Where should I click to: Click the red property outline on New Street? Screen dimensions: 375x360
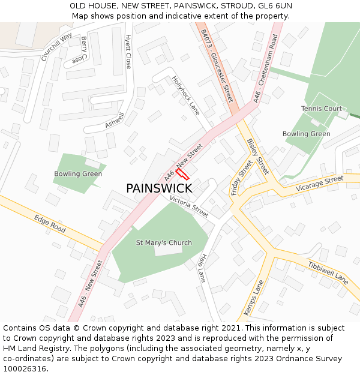pyautogui.click(x=182, y=174)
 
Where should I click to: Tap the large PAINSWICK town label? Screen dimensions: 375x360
pyautogui.click(x=159, y=188)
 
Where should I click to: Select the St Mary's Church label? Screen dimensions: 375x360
pyautogui.click(x=164, y=243)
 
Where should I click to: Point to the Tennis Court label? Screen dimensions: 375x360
pyautogui.click(x=322, y=109)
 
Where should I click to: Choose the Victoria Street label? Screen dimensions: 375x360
pyautogui.click(x=189, y=206)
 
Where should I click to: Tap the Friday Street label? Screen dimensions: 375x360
pyautogui.click(x=242, y=178)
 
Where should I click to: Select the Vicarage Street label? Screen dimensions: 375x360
pyautogui.click(x=320, y=184)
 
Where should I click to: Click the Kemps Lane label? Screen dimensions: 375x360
pyautogui.click(x=254, y=298)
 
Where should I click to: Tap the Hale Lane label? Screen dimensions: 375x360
pyautogui.click(x=202, y=268)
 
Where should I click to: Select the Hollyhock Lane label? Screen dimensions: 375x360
pyautogui.click(x=185, y=95)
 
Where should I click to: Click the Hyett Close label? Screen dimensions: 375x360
pyautogui.click(x=128, y=51)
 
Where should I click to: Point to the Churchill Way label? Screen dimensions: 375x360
pyautogui.click(x=56, y=47)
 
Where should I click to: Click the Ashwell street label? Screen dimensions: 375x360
pyautogui.click(x=115, y=119)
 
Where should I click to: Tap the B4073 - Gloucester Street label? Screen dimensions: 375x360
pyautogui.click(x=217, y=66)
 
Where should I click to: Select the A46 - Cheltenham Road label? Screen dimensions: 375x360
pyautogui.click(x=265, y=68)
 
